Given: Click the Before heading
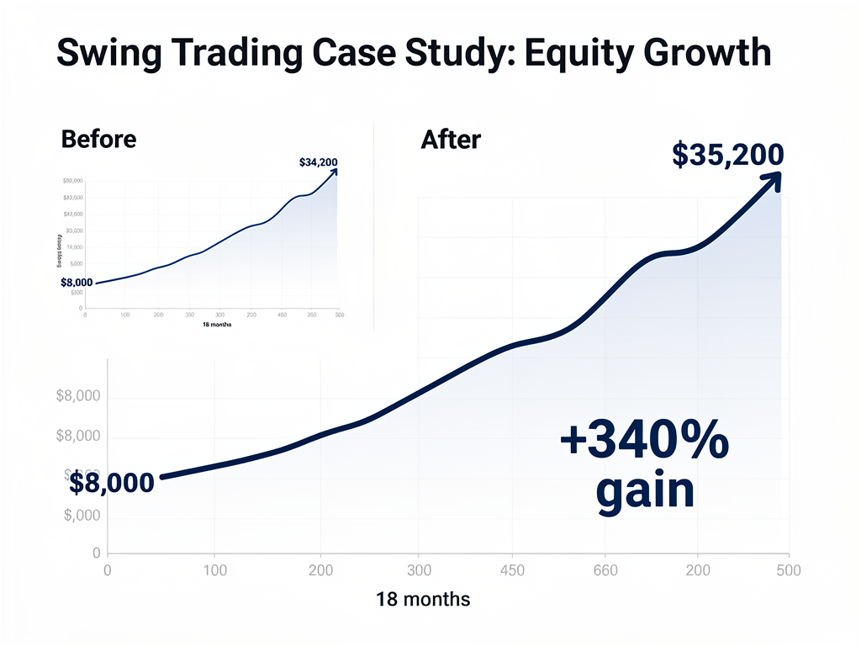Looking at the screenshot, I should [98, 139].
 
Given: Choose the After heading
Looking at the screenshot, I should [450, 139].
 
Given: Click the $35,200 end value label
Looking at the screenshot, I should [728, 156].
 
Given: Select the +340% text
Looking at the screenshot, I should [644, 442].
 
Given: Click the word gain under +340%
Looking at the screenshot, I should [645, 490].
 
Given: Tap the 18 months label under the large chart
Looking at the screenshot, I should [423, 600].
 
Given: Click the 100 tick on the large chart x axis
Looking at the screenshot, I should [214, 571].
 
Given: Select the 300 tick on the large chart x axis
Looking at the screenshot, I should [418, 571].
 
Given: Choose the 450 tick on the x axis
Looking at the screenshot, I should [511, 571].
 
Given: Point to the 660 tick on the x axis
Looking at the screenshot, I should [605, 571].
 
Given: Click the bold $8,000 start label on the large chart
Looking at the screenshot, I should [112, 483].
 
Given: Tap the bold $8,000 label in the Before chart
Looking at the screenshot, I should [77, 282].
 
